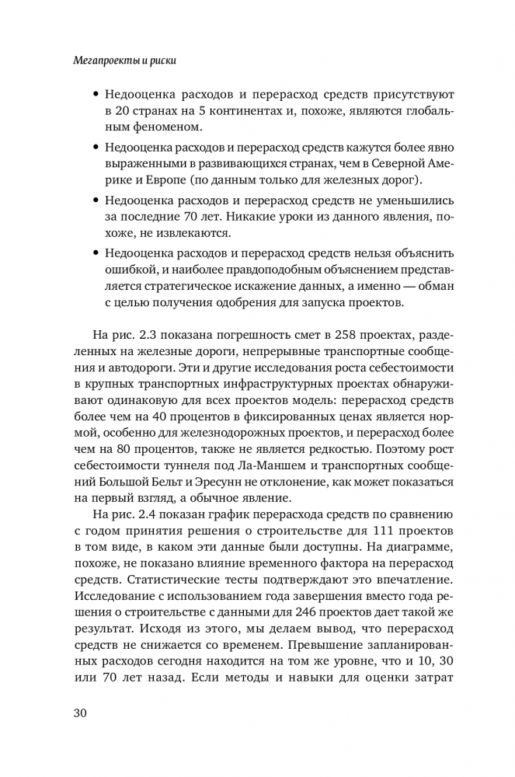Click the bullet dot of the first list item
pos(96,94)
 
